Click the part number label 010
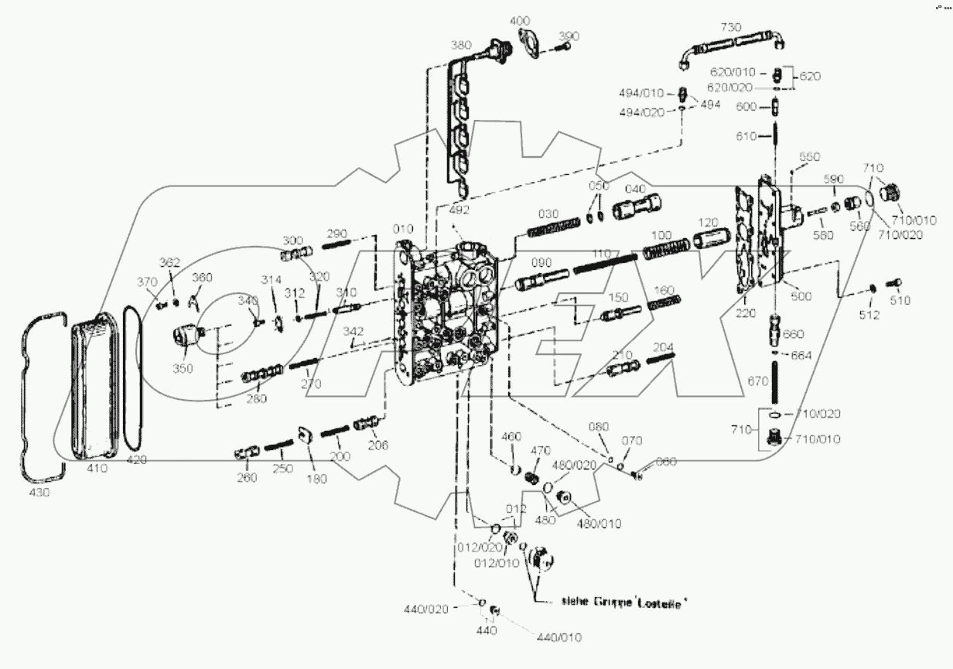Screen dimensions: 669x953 [402, 229]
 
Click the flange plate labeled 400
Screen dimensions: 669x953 [531, 41]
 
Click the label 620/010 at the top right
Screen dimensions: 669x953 [733, 71]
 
